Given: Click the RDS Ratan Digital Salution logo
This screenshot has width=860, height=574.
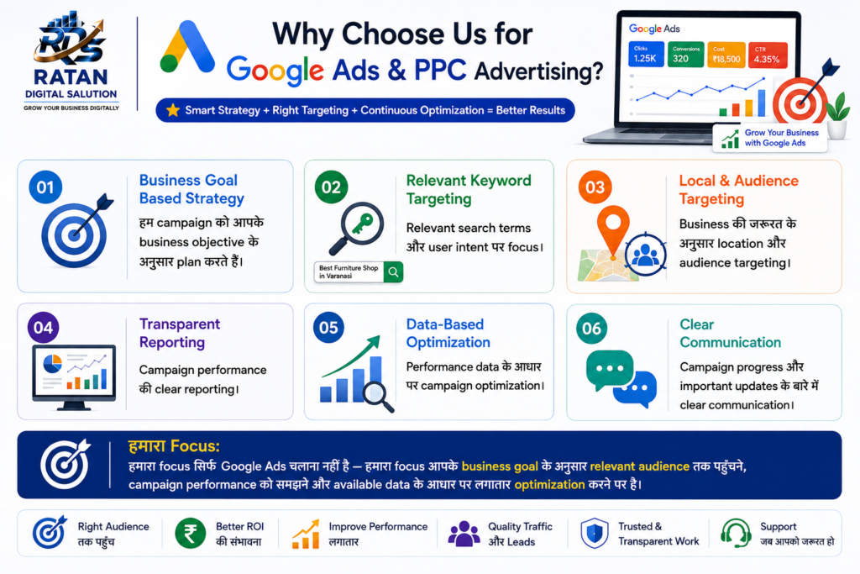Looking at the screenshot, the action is click(x=71, y=61).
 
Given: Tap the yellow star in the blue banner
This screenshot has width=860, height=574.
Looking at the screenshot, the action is click(x=173, y=110).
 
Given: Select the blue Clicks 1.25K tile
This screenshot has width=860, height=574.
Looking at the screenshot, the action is click(x=646, y=55).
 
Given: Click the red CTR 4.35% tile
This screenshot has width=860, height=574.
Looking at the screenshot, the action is click(x=768, y=55).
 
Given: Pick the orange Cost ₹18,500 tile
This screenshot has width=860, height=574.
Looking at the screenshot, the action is click(x=726, y=55).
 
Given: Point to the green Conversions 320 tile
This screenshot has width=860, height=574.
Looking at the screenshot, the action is click(x=685, y=55).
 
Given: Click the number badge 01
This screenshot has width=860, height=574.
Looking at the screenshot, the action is click(x=45, y=187).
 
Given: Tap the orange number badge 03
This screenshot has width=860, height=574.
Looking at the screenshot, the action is click(x=595, y=187).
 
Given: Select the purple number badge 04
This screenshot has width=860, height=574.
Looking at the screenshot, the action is click(x=44, y=328).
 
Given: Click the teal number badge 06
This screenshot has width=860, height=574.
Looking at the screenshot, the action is click(x=592, y=328).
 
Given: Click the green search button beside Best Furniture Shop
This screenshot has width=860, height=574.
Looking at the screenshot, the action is click(x=393, y=271).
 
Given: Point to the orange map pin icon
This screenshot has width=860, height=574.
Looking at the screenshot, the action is click(x=612, y=228).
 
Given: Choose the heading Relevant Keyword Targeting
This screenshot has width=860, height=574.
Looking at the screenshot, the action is click(x=469, y=189).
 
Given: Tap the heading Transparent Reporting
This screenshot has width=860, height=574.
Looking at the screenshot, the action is click(x=180, y=333).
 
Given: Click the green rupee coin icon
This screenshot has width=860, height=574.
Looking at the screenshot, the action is click(x=191, y=534).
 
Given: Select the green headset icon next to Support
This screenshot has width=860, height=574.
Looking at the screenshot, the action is click(x=736, y=533).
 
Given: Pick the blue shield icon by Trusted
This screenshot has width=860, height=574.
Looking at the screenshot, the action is click(x=595, y=534).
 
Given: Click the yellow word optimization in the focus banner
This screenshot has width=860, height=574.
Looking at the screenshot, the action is click(x=549, y=485).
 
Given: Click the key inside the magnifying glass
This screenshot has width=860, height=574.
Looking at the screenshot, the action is click(x=363, y=224).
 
